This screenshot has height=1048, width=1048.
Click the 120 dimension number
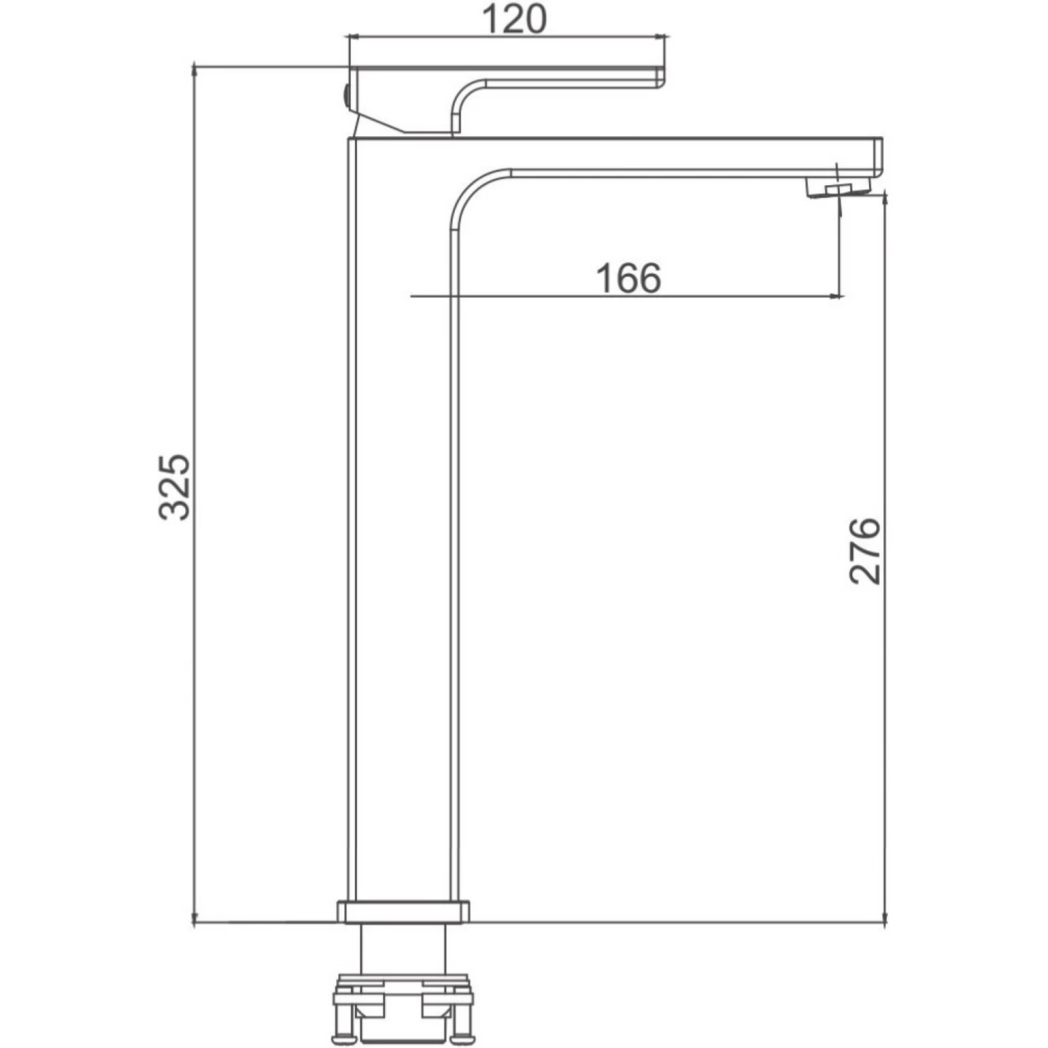pos(514,19)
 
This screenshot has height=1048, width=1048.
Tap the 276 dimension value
pos(865,551)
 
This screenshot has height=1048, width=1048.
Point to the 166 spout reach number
pos(628,278)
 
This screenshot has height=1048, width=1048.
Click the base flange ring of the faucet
pos(403,912)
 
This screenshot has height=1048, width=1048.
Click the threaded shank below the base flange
pos(403,947)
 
